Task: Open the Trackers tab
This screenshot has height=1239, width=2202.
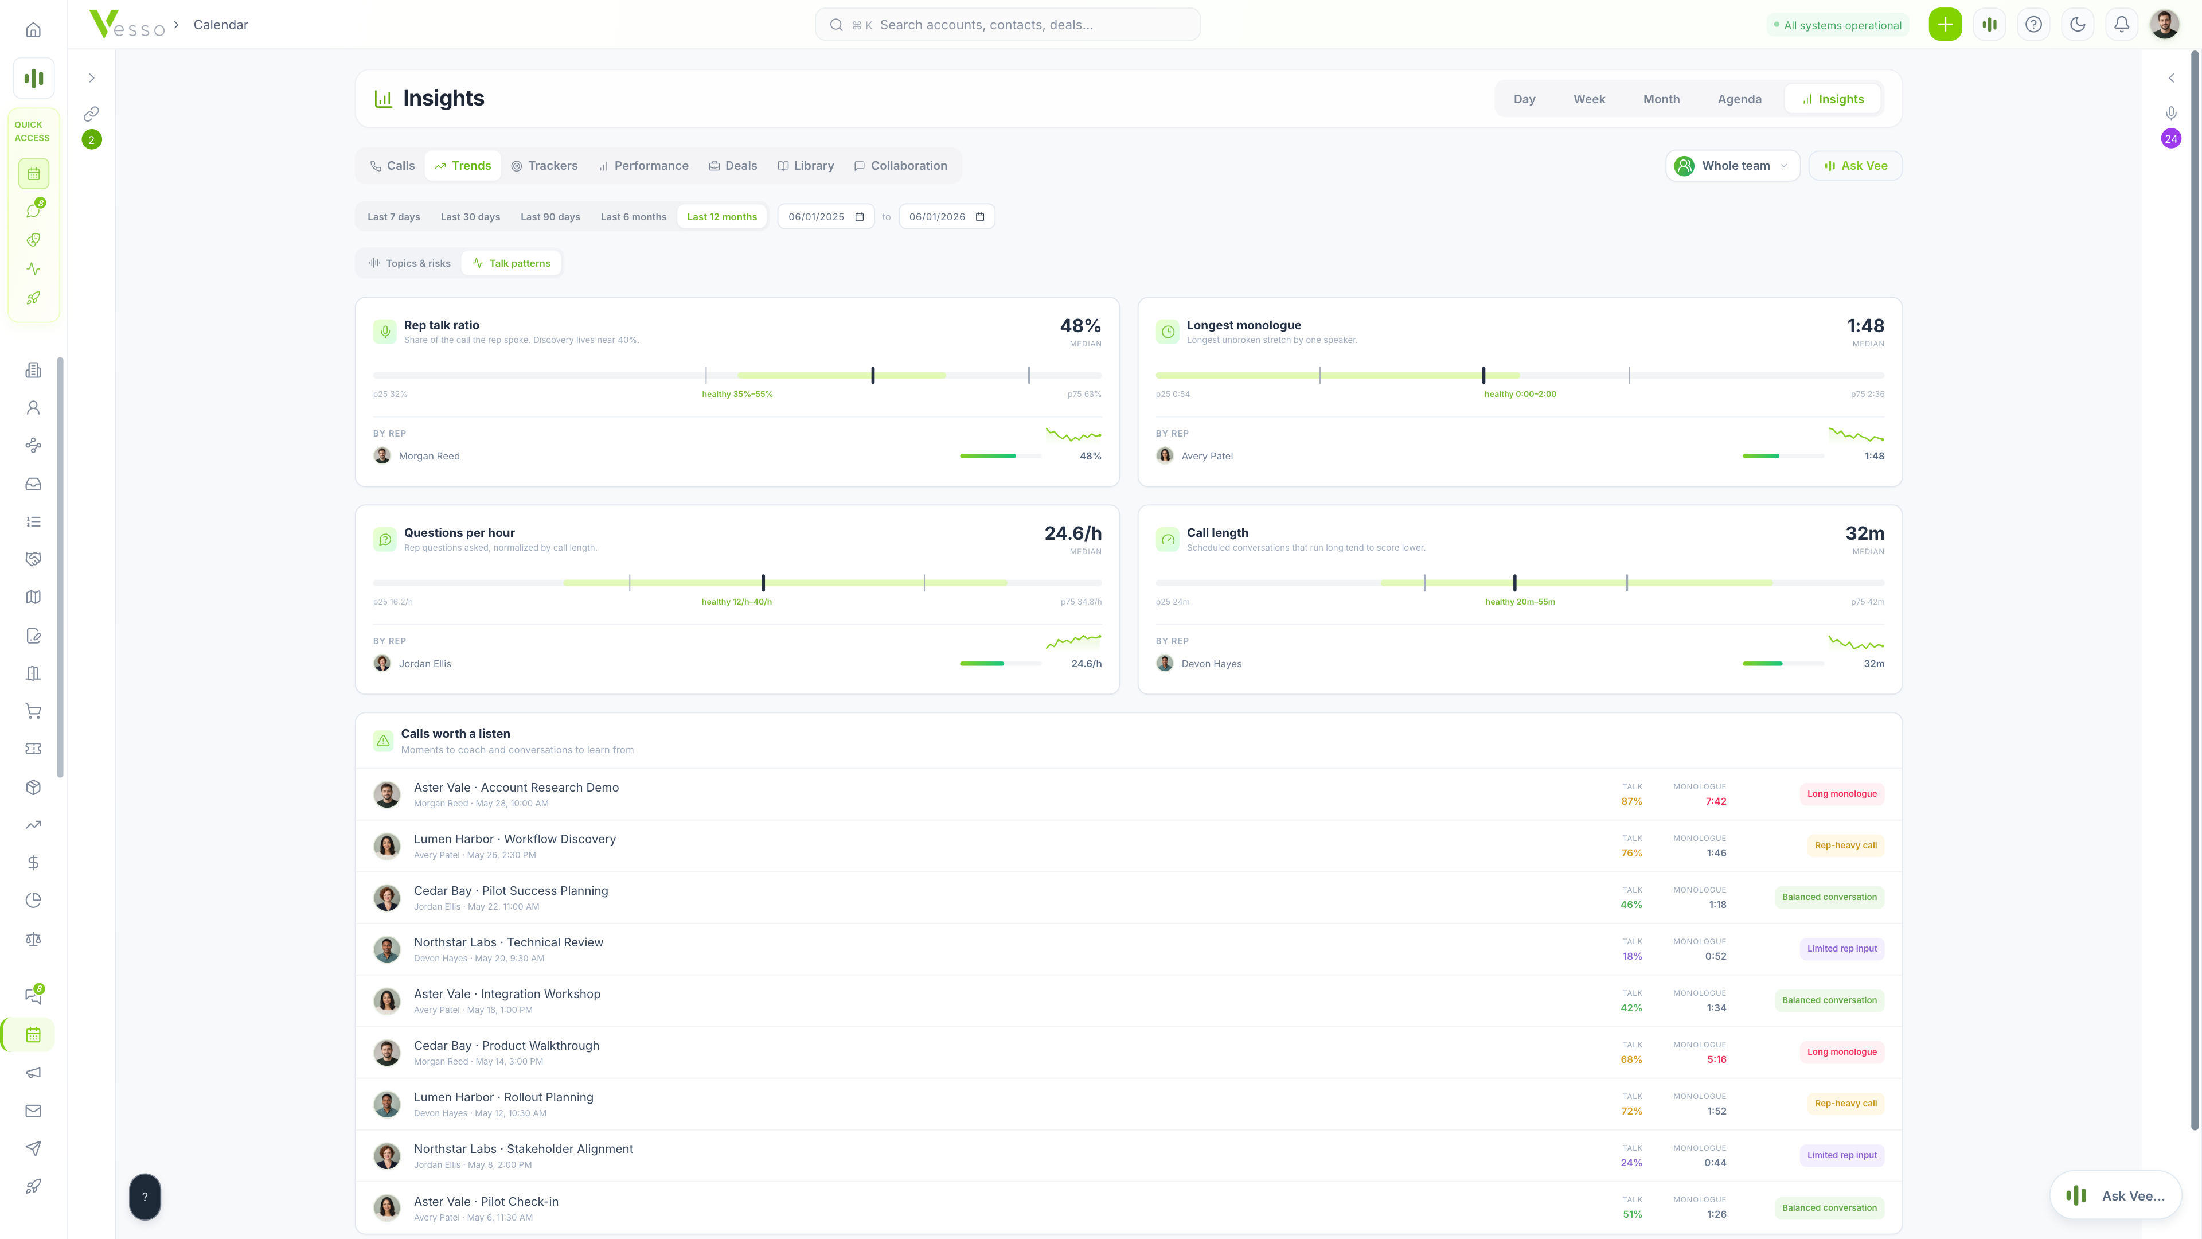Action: click(x=545, y=166)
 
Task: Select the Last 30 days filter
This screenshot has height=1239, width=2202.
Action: click(x=470, y=217)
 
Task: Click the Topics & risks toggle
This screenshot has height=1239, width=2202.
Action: click(x=409, y=263)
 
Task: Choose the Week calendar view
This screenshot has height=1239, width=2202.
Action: click(x=1589, y=99)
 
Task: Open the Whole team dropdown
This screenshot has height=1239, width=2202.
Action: click(x=1733, y=166)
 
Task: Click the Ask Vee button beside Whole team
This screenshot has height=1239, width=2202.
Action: click(x=1855, y=166)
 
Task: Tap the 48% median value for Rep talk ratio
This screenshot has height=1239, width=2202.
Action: click(x=1080, y=326)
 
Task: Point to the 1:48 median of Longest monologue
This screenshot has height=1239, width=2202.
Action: click(x=1865, y=326)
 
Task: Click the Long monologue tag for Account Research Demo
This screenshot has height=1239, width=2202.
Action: click(x=1842, y=794)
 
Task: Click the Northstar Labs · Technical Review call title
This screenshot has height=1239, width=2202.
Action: click(x=509, y=942)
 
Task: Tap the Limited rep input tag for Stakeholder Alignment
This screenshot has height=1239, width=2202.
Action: click(x=1842, y=1155)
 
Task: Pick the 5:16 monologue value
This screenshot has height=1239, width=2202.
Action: click(x=1716, y=1060)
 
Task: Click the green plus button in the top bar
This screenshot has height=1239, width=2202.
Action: click(x=1945, y=25)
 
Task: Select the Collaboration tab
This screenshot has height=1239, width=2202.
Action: click(x=900, y=166)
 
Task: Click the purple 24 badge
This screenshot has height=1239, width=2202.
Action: click(x=2171, y=139)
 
